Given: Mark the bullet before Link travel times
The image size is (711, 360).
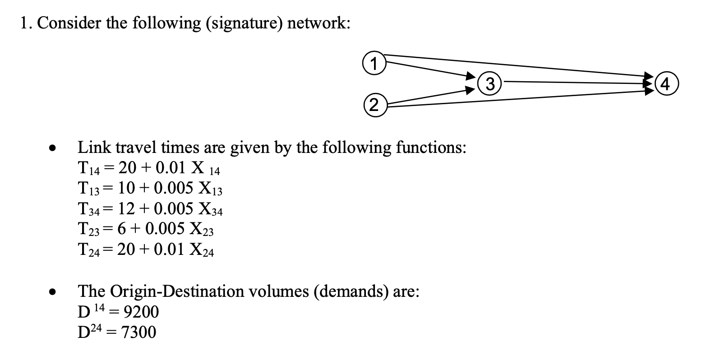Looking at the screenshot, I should tap(53, 148).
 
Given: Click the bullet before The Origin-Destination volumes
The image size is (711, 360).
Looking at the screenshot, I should tap(53, 292).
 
